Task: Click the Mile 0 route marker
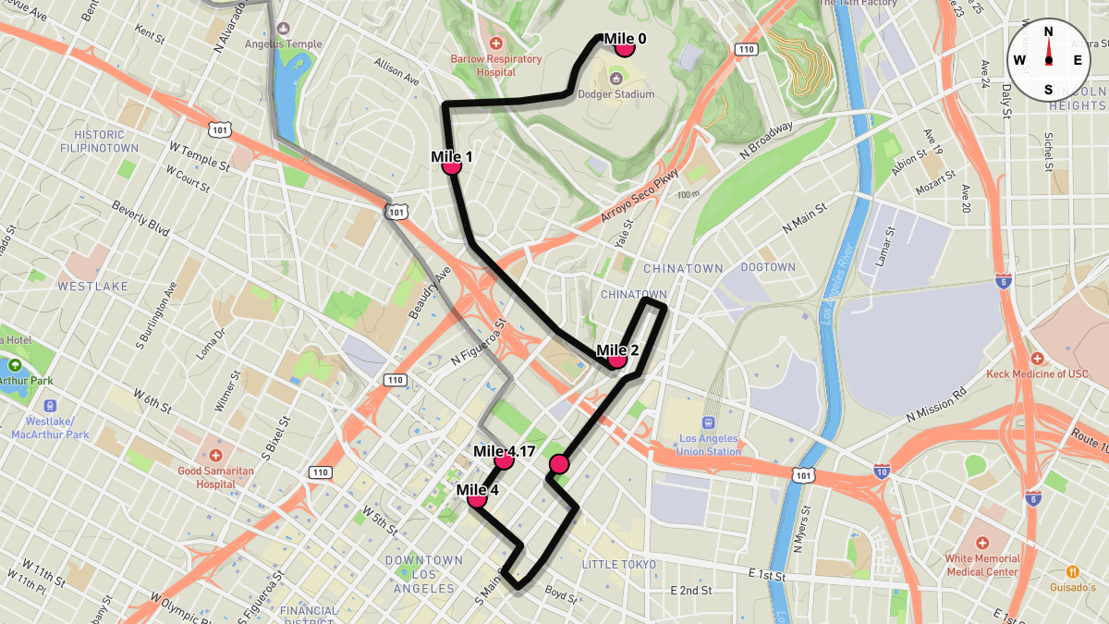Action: click(624, 47)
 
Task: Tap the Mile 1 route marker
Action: click(452, 165)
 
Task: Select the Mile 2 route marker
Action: click(617, 359)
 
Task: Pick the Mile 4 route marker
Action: click(477, 498)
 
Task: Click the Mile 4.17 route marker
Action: click(504, 459)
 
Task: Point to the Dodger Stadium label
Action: click(615, 94)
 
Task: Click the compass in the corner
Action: click(1048, 59)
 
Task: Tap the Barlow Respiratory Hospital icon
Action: click(496, 43)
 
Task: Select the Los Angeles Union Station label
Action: click(710, 445)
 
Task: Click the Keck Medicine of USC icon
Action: click(1037, 358)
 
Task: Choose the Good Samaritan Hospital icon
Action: click(215, 455)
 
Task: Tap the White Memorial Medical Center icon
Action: click(981, 543)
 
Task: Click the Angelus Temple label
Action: click(284, 43)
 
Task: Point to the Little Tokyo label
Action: click(618, 564)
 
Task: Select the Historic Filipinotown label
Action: click(99, 141)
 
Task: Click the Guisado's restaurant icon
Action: click(1072, 571)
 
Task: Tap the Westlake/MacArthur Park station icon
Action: click(49, 405)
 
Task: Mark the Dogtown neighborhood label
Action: click(768, 267)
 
